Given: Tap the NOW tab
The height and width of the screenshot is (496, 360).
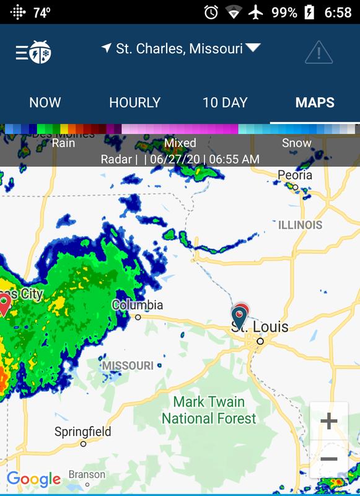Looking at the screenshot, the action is click(x=45, y=103).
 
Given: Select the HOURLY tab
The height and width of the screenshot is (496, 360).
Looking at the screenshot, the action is click(x=134, y=103).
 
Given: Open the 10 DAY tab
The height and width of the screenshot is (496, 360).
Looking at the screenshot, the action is click(x=225, y=103).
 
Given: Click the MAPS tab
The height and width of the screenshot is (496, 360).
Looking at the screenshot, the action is click(x=315, y=103).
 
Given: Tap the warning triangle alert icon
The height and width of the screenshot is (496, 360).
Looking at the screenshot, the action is click(x=318, y=52).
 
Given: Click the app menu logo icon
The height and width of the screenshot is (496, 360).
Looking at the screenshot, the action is click(x=33, y=52).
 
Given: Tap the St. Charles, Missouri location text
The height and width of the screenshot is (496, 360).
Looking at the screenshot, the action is click(x=179, y=49).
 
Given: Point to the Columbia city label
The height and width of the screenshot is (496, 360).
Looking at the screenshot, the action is click(x=137, y=305).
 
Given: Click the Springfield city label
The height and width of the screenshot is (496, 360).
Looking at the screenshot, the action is click(x=82, y=432).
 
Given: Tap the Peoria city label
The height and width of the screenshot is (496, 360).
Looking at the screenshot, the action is click(x=295, y=175).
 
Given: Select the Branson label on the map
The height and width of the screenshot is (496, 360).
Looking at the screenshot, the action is click(x=87, y=475).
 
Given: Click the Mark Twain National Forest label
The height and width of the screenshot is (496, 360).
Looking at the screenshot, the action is click(x=209, y=410).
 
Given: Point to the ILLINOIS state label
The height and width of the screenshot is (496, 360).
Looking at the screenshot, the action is click(x=301, y=224).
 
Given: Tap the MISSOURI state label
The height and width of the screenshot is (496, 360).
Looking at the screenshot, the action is click(x=128, y=366).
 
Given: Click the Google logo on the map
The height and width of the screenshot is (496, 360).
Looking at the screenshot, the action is click(x=33, y=479).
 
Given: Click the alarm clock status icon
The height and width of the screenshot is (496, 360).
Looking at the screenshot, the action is click(x=211, y=12).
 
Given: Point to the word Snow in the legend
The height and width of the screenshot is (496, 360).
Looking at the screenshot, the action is click(x=296, y=143).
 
